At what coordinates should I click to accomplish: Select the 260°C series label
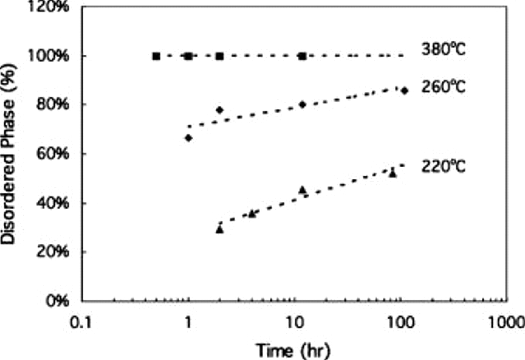443,87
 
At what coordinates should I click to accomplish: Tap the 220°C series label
443,167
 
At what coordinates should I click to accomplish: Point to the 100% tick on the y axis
48,56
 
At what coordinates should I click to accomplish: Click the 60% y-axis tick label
52,153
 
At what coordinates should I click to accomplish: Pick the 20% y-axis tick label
52,251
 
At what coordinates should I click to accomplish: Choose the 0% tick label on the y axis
57,300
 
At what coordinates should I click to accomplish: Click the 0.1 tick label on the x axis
81,323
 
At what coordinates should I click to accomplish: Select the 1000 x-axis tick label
506,323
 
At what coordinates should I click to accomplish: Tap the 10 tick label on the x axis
295,323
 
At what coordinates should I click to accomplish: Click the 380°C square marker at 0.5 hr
156,56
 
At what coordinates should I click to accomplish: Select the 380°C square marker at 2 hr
220,56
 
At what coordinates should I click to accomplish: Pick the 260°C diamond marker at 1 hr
188,138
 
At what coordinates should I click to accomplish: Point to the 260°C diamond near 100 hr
405,91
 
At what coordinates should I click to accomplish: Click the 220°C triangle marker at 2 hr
220,230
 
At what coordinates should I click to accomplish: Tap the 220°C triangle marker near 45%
302,190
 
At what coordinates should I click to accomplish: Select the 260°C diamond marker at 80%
302,104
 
